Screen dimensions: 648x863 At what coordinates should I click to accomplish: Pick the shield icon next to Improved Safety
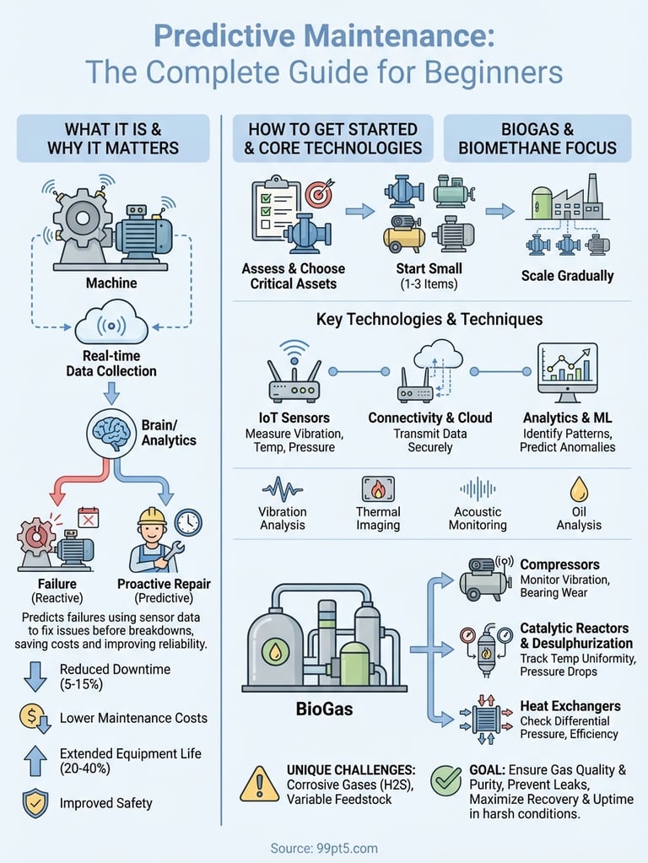(32, 802)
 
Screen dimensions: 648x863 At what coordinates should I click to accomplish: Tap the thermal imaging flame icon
(378, 490)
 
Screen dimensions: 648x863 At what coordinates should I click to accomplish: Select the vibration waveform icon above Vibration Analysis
(283, 490)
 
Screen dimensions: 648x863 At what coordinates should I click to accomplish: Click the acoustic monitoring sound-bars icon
(478, 490)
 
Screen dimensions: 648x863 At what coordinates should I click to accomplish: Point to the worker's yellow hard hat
(152, 516)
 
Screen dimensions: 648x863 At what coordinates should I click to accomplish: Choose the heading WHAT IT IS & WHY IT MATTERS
(112, 138)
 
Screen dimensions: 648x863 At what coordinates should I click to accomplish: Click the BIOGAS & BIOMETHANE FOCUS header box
(537, 138)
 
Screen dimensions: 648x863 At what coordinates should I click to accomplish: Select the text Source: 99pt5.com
(324, 848)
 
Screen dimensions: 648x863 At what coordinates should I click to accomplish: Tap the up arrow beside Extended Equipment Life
(34, 761)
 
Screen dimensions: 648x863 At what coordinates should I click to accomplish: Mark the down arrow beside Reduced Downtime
(34, 677)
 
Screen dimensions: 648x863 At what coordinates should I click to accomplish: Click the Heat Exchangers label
(570, 706)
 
